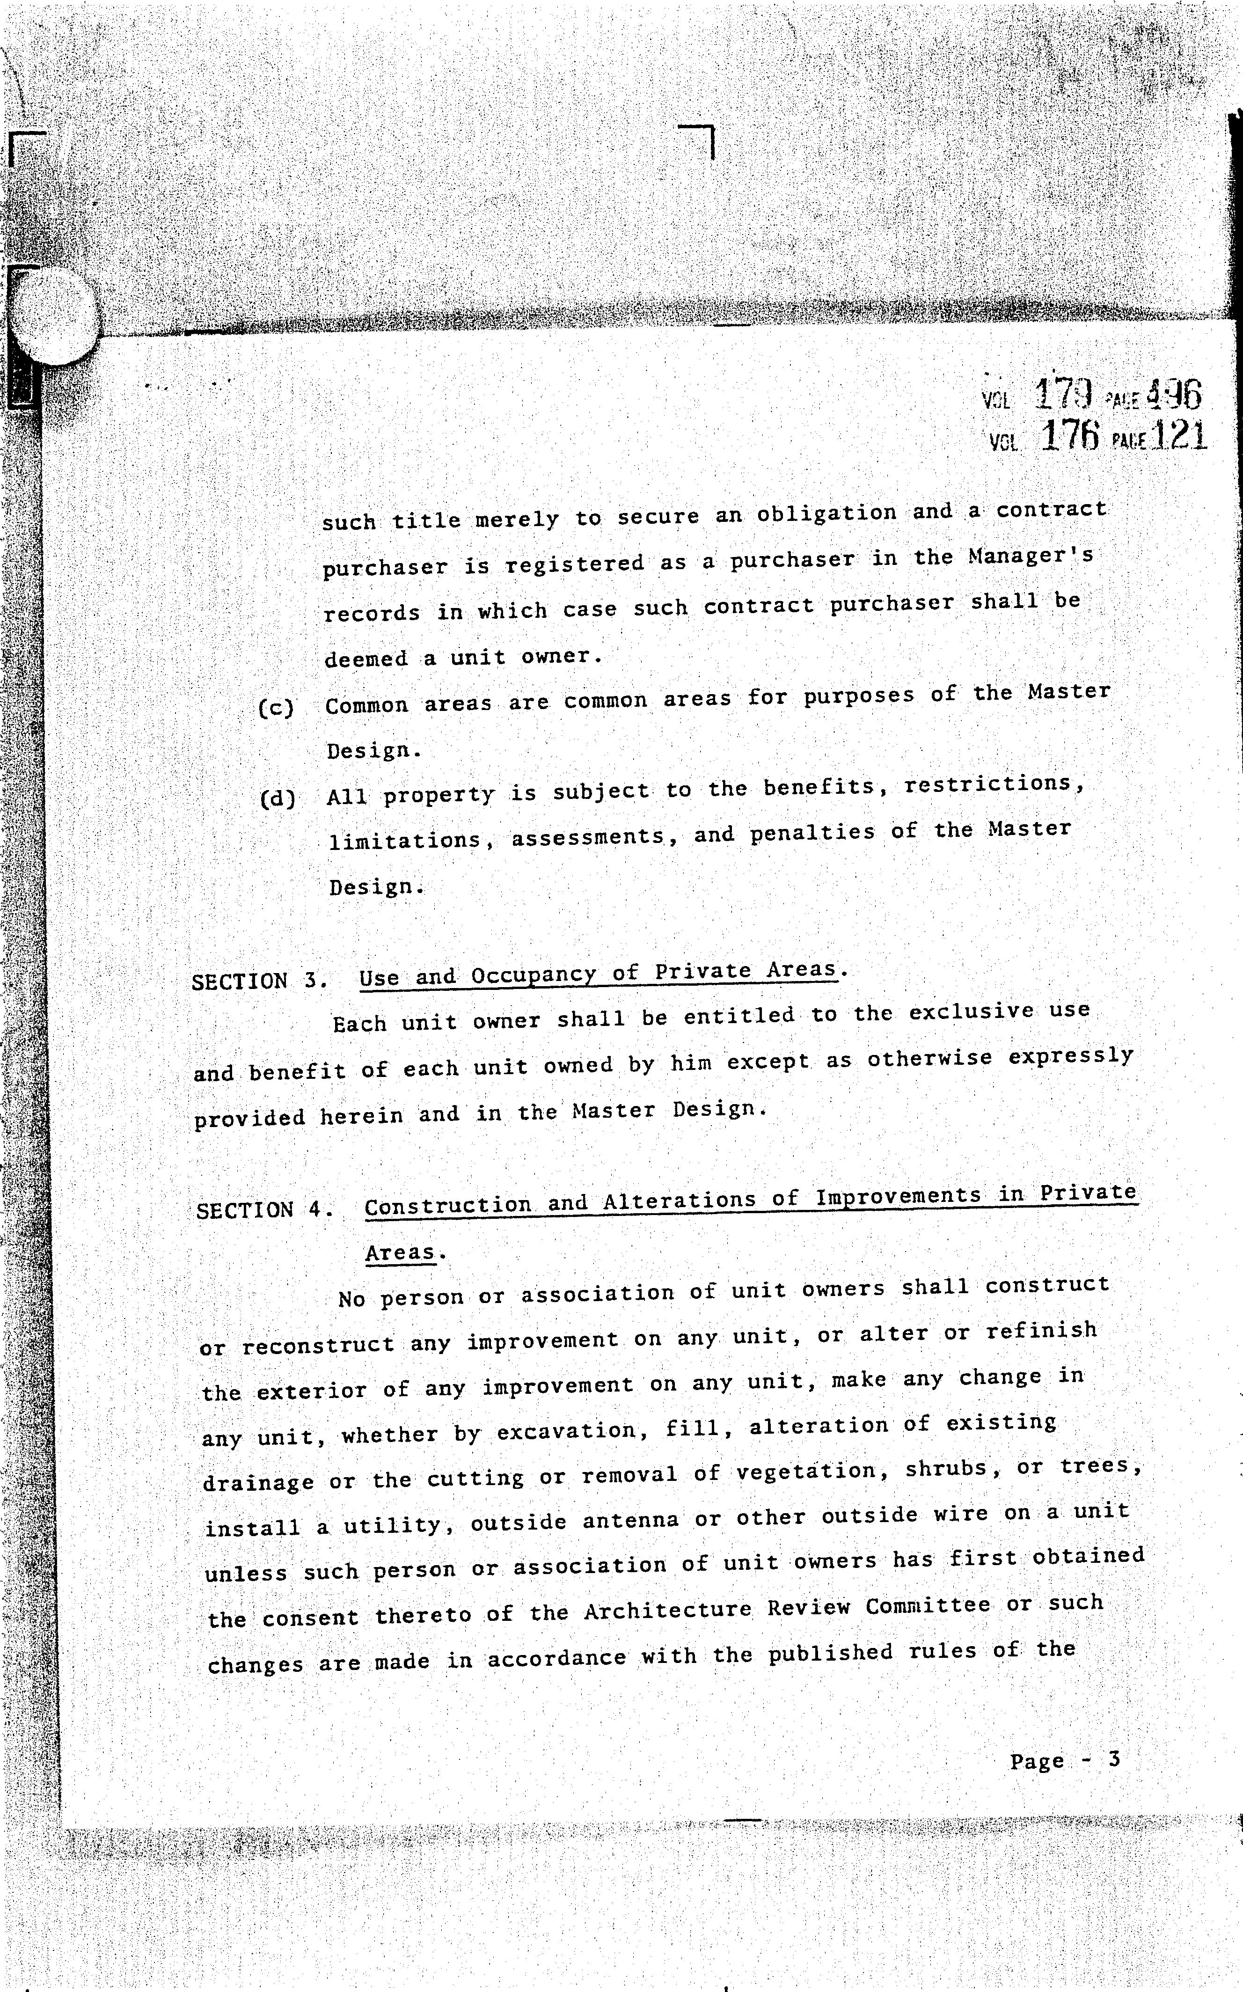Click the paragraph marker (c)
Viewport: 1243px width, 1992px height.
point(276,708)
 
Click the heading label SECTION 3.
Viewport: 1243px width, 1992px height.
point(260,981)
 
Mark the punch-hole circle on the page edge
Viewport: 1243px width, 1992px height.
point(55,316)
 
